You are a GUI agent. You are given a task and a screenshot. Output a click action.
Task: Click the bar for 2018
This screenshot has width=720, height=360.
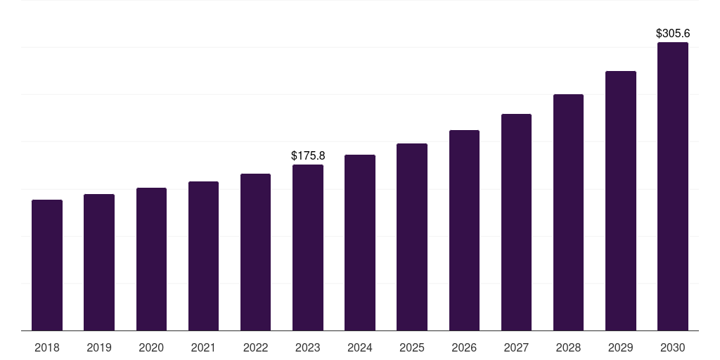(47, 265)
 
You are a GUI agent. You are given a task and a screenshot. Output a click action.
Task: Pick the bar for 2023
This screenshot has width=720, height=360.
(308, 247)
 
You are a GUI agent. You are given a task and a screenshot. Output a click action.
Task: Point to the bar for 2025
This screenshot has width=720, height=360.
(412, 237)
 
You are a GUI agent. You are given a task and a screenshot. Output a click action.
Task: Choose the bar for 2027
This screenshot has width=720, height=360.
(516, 222)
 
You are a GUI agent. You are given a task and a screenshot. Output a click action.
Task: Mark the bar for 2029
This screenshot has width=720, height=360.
(621, 200)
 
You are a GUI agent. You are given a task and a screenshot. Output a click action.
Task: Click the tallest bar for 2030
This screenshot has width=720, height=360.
(673, 186)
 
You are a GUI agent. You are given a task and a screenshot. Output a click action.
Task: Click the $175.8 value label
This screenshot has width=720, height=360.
(308, 155)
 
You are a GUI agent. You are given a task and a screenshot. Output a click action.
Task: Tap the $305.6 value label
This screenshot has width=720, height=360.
(673, 33)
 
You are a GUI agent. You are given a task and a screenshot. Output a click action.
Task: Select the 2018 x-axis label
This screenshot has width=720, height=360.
(47, 347)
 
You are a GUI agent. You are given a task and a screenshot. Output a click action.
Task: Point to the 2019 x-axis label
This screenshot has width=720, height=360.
(99, 347)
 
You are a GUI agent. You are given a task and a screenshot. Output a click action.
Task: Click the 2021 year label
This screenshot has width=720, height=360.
(203, 347)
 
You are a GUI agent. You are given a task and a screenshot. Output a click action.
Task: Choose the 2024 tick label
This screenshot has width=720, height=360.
(360, 347)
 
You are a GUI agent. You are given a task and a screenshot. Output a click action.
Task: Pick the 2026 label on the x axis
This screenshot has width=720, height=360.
(464, 347)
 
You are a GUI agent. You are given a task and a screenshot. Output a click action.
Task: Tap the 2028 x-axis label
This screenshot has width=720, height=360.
(568, 347)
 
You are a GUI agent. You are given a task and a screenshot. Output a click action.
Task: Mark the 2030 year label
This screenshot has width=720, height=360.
(673, 347)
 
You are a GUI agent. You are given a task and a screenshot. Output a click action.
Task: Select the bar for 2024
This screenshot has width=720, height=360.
(360, 243)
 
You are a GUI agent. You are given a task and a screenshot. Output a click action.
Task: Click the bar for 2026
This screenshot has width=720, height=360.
(464, 230)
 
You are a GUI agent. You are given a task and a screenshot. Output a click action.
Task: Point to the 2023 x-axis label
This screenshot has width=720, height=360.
(308, 347)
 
